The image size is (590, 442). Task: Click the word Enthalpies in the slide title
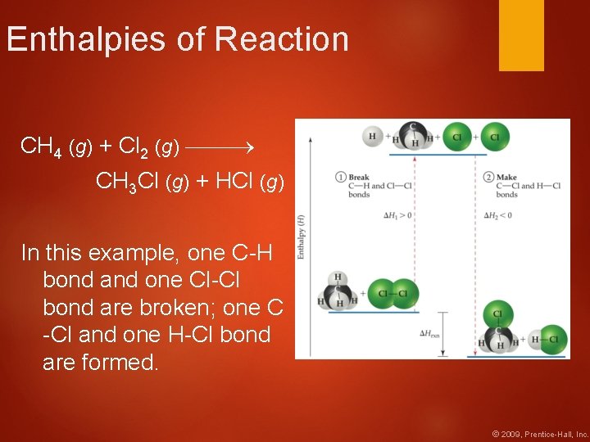79,39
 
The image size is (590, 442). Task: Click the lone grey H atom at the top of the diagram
373,137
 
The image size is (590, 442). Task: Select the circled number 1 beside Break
340,177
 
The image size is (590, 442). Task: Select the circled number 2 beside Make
488,177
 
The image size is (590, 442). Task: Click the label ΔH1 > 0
397,215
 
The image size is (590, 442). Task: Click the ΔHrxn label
430,333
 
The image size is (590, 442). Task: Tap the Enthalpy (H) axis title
301,237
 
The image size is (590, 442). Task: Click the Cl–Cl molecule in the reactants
393,292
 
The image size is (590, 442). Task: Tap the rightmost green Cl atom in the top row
494,137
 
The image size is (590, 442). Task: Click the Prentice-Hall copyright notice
539,433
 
